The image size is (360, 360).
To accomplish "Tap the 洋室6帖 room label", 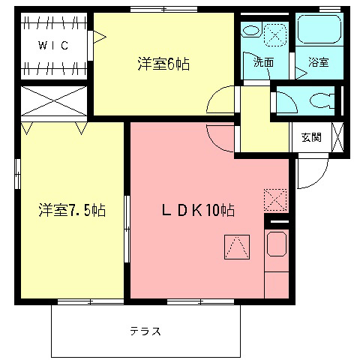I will (163, 64).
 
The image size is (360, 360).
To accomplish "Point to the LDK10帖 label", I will (199, 211).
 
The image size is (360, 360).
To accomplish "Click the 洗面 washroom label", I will (262, 63).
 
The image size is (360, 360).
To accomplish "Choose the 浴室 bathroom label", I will (318, 63).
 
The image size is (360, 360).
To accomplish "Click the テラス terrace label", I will (145, 331).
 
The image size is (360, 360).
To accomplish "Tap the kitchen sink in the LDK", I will (277, 244).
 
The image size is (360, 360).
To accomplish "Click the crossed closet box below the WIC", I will (53, 100).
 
